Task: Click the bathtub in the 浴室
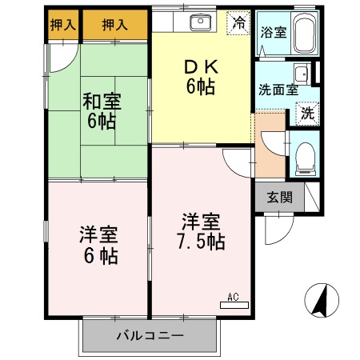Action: click(x=305, y=33)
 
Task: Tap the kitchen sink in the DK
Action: click(x=200, y=22)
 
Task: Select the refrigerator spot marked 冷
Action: click(x=238, y=22)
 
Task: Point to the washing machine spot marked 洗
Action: click(x=307, y=114)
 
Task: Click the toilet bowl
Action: click(x=306, y=159)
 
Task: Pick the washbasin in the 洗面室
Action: click(x=302, y=74)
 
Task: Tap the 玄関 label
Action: click(x=280, y=198)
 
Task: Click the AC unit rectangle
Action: click(x=234, y=305)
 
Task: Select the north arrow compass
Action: click(x=322, y=300)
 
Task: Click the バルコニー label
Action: click(x=150, y=335)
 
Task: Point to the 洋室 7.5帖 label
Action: click(x=202, y=231)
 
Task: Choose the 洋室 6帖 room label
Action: click(x=99, y=245)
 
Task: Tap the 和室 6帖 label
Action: click(x=102, y=110)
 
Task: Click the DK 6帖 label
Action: click(x=202, y=78)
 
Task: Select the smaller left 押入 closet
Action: click(x=63, y=25)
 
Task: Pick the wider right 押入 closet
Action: click(x=115, y=25)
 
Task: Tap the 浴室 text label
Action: click(x=274, y=32)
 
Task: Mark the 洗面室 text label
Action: click(x=278, y=90)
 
